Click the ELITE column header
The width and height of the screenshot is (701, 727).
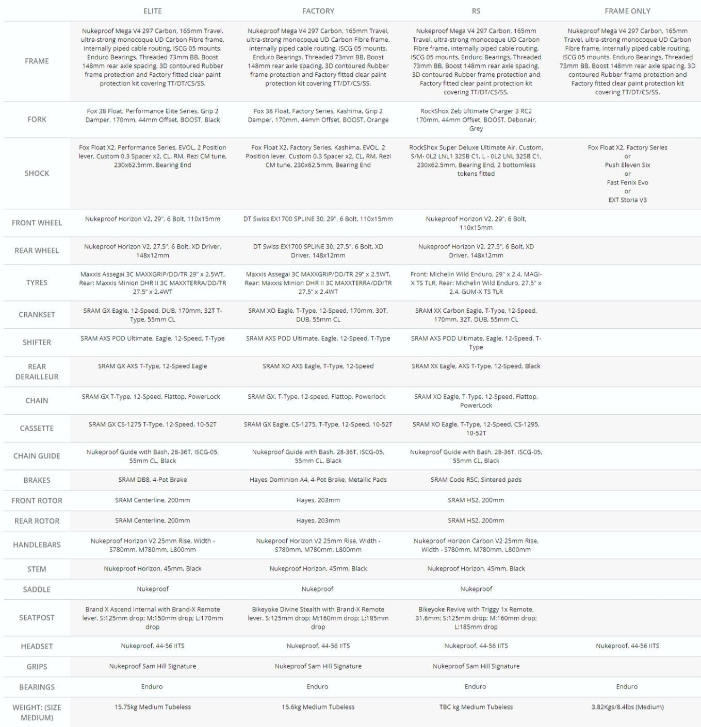click(x=152, y=11)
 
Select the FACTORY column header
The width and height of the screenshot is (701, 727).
click(x=318, y=11)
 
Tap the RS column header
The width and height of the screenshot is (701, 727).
click(x=476, y=11)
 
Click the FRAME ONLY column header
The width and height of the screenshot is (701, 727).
click(x=627, y=11)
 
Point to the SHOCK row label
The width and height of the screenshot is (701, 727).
click(x=37, y=173)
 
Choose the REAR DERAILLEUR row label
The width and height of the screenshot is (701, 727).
click(x=37, y=371)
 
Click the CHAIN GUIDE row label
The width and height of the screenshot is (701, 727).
click(x=37, y=456)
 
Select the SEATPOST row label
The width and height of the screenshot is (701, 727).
click(x=37, y=618)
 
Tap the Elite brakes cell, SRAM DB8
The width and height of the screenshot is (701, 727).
click(x=152, y=480)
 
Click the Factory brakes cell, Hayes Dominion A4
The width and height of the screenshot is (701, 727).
click(x=318, y=480)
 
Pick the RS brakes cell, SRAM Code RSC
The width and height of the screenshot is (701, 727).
click(x=476, y=480)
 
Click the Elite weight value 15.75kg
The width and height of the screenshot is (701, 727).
click(x=152, y=707)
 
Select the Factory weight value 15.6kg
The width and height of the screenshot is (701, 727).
click(x=318, y=707)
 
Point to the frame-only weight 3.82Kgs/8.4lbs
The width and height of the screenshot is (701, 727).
click(x=627, y=707)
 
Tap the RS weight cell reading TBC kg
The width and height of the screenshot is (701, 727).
click(x=476, y=707)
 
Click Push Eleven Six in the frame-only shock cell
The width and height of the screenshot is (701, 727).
click(x=627, y=165)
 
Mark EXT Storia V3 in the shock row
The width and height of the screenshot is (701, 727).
click(x=627, y=200)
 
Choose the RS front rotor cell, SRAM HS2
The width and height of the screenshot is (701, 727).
click(x=476, y=500)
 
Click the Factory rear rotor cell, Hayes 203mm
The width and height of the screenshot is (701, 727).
click(x=318, y=520)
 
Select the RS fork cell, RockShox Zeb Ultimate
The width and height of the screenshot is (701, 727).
click(x=476, y=120)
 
